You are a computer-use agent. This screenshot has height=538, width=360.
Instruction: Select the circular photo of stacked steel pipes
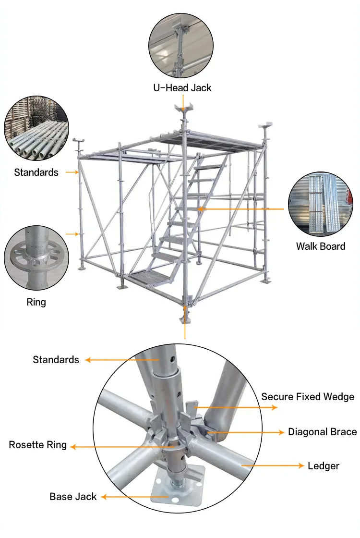[36, 129]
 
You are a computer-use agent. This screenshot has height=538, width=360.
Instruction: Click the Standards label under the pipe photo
[36, 172]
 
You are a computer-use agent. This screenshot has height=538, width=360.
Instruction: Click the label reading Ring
[36, 302]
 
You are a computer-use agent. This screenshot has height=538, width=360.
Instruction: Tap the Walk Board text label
[320, 246]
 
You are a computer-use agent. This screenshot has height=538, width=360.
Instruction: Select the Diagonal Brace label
[322, 432]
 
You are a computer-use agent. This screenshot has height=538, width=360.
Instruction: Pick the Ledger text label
[323, 466]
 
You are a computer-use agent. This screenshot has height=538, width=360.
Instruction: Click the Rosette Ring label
[38, 445]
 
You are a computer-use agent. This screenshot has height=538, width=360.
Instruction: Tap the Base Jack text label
[73, 497]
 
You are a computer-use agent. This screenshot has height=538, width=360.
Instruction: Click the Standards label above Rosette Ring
[56, 359]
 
